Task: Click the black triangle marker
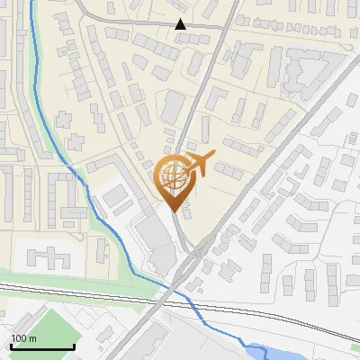pos(181,24)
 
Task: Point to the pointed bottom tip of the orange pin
pos(174,211)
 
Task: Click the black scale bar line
pos(41,347)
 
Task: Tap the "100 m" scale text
pos(24,338)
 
